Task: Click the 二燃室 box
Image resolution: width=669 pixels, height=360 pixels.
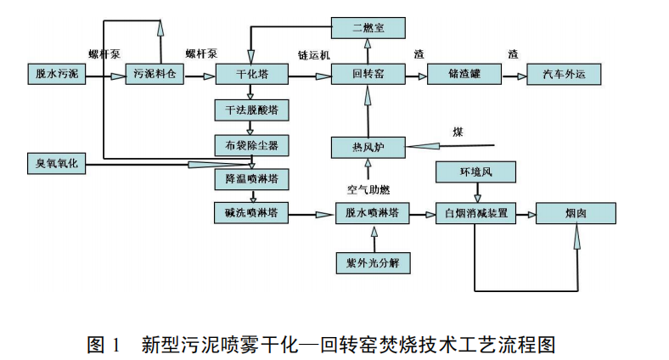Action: tap(368, 29)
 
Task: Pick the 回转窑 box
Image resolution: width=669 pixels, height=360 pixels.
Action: tap(368, 75)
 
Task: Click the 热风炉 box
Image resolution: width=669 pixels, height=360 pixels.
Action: tap(368, 148)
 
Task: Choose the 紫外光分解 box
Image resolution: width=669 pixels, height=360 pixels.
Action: tap(373, 263)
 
